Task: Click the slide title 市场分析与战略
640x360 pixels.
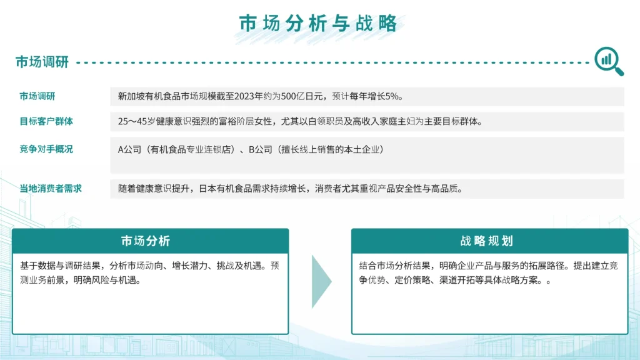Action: coord(318,23)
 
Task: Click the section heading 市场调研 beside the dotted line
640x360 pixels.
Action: coord(42,62)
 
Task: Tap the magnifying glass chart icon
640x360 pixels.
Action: coord(609,61)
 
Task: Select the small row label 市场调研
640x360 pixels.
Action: coord(37,96)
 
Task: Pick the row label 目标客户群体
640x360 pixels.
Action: coord(46,121)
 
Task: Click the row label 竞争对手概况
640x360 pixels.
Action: coord(46,149)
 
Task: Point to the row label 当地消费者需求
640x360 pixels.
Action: coord(51,189)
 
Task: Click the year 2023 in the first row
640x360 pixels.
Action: coord(244,96)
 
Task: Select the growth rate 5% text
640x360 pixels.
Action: coord(391,96)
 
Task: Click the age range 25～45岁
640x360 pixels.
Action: coord(137,122)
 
